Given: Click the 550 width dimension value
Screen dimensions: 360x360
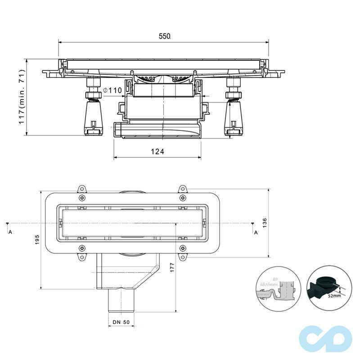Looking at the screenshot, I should [x=164, y=36].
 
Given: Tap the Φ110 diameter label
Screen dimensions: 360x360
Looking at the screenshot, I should [x=112, y=90].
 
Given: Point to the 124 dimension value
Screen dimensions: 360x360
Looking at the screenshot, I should [x=157, y=152].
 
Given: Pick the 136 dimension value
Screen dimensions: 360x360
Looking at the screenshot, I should [x=265, y=223].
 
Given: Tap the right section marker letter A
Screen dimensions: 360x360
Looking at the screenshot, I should [x=256, y=232].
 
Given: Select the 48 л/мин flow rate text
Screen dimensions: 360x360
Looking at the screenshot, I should [x=269, y=285].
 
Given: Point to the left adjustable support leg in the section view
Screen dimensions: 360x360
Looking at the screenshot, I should [x=93, y=110].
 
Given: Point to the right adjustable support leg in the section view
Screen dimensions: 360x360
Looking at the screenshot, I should [x=234, y=110].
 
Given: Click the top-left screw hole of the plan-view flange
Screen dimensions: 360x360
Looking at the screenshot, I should [x=81, y=198].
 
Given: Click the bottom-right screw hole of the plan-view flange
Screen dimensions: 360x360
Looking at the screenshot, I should [x=182, y=248].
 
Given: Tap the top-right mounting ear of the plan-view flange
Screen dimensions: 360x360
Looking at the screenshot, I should [x=182, y=189].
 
